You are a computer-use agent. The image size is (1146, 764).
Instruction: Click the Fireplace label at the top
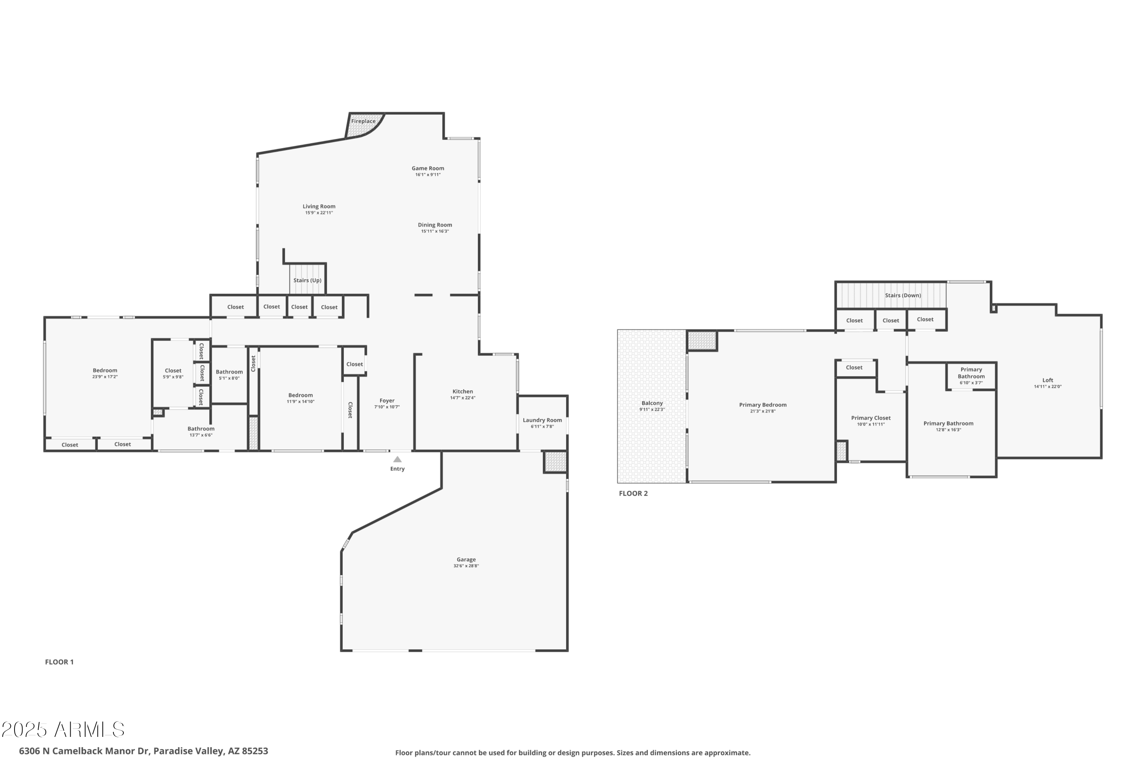363,121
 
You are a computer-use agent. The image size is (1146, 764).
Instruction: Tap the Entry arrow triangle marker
397,459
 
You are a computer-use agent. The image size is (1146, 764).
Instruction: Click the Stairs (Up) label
308,280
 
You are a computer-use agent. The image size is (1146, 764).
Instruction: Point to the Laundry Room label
542,420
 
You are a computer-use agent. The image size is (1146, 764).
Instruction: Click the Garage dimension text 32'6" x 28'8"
466,566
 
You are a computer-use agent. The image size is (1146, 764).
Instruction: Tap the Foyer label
387,401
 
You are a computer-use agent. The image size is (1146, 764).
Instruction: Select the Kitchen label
463,391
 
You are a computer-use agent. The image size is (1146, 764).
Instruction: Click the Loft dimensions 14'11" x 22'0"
1047,387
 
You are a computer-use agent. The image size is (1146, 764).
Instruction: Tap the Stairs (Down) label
903,295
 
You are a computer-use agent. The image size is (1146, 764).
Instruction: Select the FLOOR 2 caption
633,493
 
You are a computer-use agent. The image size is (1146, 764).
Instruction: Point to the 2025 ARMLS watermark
63,729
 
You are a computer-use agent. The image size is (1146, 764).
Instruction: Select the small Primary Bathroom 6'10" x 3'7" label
971,383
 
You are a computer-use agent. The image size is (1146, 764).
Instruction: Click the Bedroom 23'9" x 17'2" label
105,370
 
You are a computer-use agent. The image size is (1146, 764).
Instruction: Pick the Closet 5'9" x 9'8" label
173,370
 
